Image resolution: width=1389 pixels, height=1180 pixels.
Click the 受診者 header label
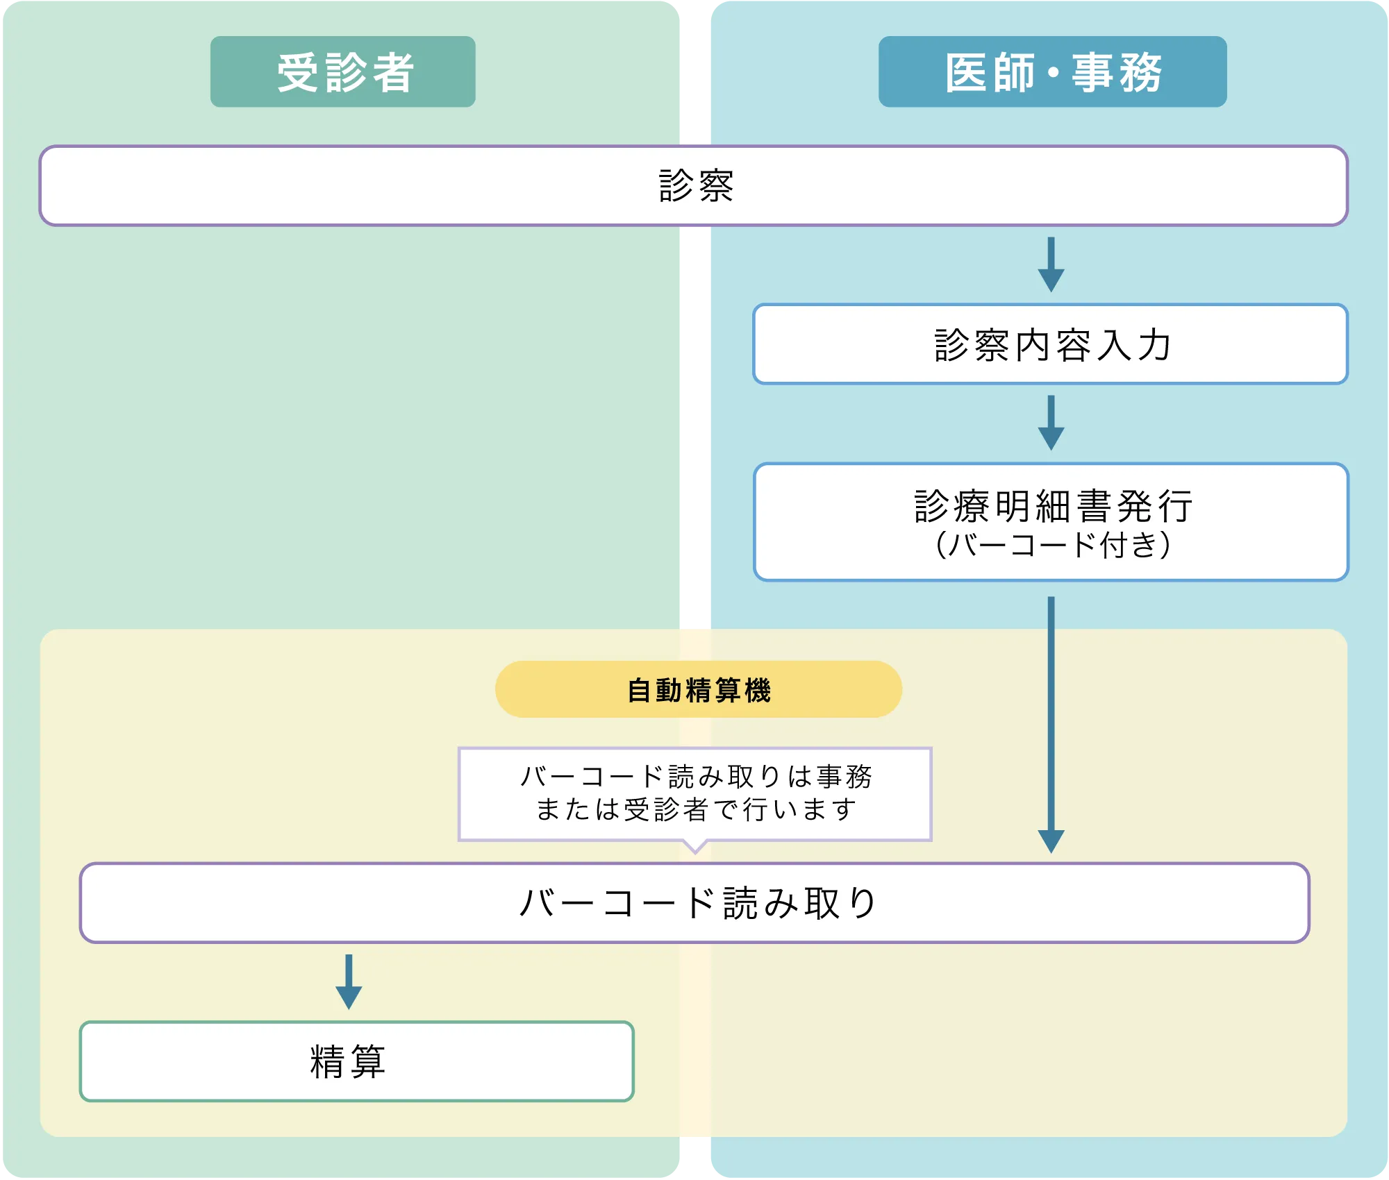click(x=343, y=72)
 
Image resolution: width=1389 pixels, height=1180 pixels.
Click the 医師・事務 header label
click(x=1052, y=72)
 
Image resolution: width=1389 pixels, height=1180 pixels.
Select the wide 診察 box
click(x=693, y=185)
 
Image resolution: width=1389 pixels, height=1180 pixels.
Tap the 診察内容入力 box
click(x=1050, y=344)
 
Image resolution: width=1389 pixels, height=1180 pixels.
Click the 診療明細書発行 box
click(x=1050, y=505)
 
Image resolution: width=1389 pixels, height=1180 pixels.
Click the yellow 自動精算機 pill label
click(x=698, y=690)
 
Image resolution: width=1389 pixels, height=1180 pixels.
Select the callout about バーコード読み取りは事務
click(x=694, y=793)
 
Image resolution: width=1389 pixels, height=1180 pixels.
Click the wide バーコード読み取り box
click(x=694, y=903)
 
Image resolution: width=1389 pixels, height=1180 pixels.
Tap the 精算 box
click(x=356, y=1061)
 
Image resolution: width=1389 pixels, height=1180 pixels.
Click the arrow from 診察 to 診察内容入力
click(x=1051, y=264)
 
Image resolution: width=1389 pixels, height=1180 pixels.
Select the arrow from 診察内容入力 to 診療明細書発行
click(x=1051, y=423)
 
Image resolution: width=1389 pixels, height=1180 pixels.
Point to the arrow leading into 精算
click(x=349, y=981)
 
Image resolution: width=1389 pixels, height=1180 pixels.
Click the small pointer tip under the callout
click(x=694, y=847)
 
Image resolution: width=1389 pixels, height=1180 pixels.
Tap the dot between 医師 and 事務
click(x=1053, y=73)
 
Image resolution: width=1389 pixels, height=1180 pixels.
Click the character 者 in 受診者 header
click(x=393, y=72)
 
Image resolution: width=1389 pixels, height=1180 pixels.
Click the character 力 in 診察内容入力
click(x=1154, y=345)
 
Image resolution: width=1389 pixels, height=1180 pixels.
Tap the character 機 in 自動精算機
click(x=758, y=691)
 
